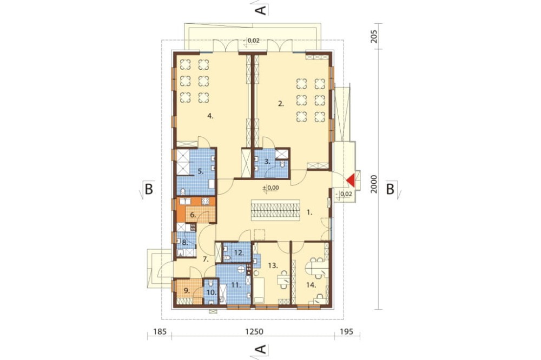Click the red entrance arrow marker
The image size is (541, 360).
pyautogui.click(x=351, y=180)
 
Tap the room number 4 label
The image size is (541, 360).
pyautogui.click(x=210, y=116)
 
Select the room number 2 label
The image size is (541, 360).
pyautogui.click(x=281, y=103)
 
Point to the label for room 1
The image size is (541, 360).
pyautogui.click(x=309, y=213)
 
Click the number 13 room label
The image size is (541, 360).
pyautogui.click(x=273, y=265)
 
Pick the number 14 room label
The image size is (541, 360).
pyautogui.click(x=311, y=285)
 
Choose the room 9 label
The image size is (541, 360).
pyautogui.click(x=187, y=291)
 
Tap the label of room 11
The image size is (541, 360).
pyautogui.click(x=236, y=285)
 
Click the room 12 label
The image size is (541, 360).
pyautogui.click(x=239, y=253)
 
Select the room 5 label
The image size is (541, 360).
pyautogui.click(x=201, y=171)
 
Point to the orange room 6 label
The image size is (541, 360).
pyautogui.click(x=193, y=215)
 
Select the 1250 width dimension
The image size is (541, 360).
pyautogui.click(x=254, y=332)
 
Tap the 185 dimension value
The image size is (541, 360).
pyautogui.click(x=160, y=332)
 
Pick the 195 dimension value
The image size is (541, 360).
pyautogui.click(x=346, y=332)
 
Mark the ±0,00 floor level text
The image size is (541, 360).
pyautogui.click(x=271, y=188)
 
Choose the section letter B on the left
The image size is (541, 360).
pyautogui.click(x=148, y=189)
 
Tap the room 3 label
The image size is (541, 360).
pyautogui.click(x=267, y=161)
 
